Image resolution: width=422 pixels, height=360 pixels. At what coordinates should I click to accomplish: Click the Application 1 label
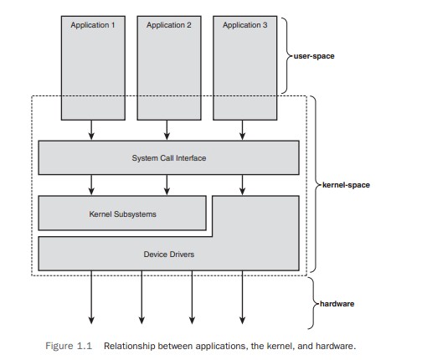point(93,25)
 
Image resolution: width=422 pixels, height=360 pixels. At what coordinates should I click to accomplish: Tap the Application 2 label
point(169,25)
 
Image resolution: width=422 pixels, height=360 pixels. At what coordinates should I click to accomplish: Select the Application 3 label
point(244,25)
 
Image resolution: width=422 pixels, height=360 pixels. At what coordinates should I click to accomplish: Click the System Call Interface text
point(169,158)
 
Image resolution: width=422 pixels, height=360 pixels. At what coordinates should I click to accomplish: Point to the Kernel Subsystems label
point(122,214)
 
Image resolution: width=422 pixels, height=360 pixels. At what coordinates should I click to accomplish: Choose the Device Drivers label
point(169,255)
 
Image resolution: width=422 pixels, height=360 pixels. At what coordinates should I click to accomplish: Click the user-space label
point(314,56)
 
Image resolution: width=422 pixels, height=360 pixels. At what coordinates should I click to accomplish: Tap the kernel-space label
point(346,185)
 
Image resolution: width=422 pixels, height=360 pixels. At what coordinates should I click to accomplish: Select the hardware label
point(337,304)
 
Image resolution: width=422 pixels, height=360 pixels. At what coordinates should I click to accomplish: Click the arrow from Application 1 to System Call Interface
point(91,130)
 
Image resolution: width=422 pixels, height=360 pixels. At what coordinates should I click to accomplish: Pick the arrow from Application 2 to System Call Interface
point(167,130)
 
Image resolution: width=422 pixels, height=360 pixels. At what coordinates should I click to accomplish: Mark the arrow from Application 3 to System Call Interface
point(242,130)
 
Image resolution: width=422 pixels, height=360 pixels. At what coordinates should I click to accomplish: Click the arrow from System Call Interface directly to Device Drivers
point(242,185)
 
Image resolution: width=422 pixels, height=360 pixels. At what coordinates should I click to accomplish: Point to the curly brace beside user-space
point(287,56)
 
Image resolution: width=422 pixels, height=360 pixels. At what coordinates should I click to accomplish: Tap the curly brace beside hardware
point(314,303)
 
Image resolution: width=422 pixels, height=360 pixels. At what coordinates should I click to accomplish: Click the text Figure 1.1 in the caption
point(69,346)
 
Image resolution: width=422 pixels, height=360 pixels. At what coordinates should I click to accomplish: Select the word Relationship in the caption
point(130,347)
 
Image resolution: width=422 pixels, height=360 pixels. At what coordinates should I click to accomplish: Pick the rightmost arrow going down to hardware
point(242,297)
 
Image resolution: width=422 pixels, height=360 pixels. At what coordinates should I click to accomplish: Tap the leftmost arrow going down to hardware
point(91,297)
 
